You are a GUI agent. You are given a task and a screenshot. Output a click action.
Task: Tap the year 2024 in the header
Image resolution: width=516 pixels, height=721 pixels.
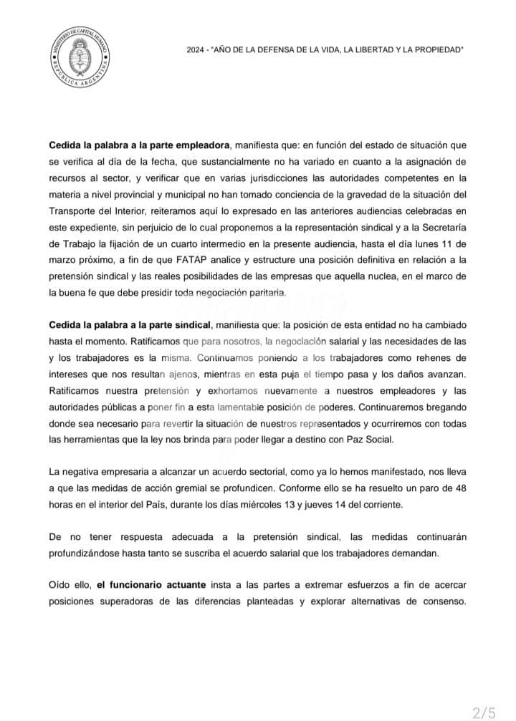coord(196,49)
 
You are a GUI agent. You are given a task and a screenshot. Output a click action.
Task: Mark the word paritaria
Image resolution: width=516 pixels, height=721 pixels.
coord(265,292)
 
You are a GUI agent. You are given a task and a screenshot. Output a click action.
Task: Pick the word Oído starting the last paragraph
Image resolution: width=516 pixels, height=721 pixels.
coord(60,584)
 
